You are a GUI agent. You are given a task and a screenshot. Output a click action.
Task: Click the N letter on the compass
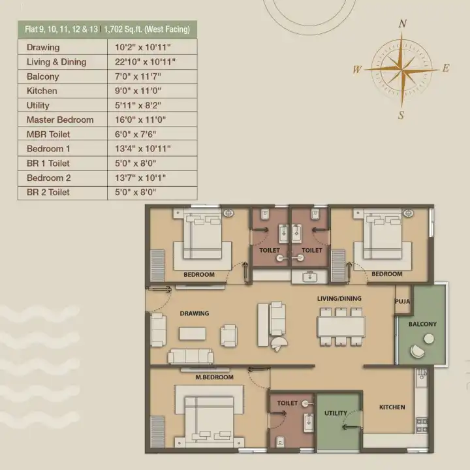[x=403, y=23]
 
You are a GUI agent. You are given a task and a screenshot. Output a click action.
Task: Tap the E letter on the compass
[x=446, y=68]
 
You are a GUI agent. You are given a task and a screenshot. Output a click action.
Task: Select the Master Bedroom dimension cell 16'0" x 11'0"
[x=140, y=119]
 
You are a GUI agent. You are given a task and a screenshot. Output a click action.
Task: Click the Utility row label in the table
[x=38, y=105]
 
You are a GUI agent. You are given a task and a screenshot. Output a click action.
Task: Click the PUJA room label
[x=403, y=301]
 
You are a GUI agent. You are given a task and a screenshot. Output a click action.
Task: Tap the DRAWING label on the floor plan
[x=195, y=313]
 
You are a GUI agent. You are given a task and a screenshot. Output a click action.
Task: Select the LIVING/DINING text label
[x=339, y=298]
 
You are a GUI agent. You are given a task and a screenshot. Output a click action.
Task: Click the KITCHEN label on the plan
[x=392, y=407]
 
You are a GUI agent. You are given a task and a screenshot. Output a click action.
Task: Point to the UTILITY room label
[x=336, y=413]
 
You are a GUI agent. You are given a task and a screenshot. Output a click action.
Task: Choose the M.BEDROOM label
[x=214, y=377]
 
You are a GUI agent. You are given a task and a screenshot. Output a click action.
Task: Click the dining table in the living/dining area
[x=341, y=327]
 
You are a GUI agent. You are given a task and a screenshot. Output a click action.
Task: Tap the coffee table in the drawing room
[x=193, y=334]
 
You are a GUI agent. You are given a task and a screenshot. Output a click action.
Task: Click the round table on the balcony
[x=429, y=339]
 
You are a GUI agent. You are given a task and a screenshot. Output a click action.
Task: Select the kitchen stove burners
[x=422, y=426]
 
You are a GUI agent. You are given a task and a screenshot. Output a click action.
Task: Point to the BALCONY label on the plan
[x=422, y=324]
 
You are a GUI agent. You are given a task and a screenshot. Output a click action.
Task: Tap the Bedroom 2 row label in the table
[x=48, y=178]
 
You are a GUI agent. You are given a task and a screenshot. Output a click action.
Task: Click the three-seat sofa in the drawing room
[x=191, y=356]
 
